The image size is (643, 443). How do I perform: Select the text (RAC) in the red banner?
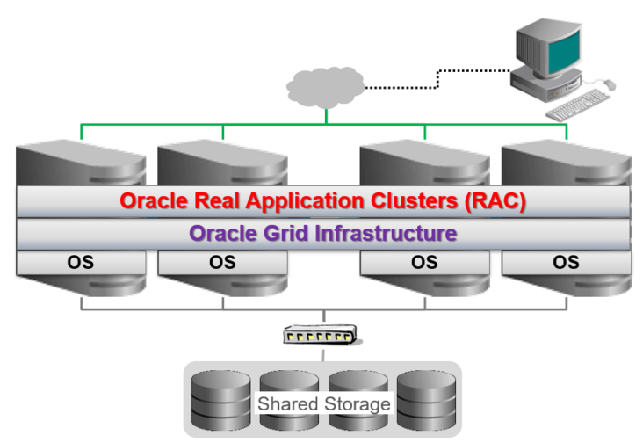[x=498, y=200]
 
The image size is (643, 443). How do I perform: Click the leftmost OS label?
[x=80, y=262]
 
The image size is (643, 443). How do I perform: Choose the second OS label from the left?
[x=222, y=262]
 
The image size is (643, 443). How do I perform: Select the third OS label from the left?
[x=424, y=262]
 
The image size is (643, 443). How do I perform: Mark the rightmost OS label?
[x=566, y=262]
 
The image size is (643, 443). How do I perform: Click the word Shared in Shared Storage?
[x=286, y=404]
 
